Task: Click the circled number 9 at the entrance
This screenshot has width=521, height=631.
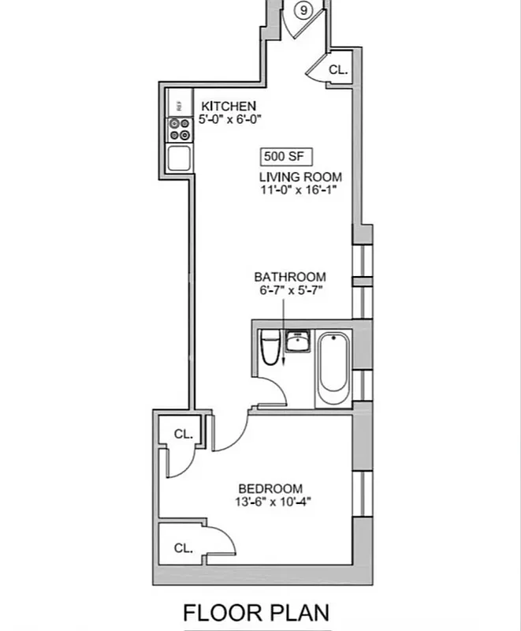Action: (x=303, y=11)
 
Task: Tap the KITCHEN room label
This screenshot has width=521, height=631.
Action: (x=229, y=106)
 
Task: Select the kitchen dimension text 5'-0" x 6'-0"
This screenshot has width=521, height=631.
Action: (x=229, y=119)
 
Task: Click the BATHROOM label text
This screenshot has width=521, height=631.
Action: (x=289, y=277)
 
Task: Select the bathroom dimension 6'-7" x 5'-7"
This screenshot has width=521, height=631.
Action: (x=289, y=290)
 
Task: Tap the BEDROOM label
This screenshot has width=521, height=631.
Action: (x=270, y=489)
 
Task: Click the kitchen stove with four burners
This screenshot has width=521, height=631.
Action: (x=179, y=129)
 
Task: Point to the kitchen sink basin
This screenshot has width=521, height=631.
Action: (x=180, y=158)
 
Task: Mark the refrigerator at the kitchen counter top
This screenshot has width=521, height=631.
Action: (x=179, y=103)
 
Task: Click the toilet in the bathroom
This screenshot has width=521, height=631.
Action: (x=270, y=348)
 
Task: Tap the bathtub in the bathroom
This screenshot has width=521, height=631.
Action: (x=333, y=367)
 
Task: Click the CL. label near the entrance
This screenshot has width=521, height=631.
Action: (x=338, y=69)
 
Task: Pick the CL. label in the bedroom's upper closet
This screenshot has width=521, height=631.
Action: (x=183, y=434)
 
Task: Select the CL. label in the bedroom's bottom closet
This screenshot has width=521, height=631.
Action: (x=183, y=547)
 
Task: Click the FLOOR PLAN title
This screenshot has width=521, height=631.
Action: (x=256, y=613)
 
